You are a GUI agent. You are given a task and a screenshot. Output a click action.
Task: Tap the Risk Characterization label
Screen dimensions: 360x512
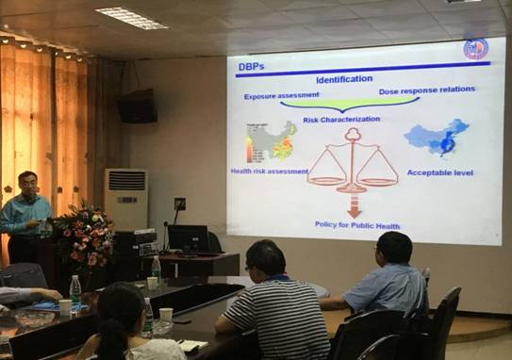coord(341,120)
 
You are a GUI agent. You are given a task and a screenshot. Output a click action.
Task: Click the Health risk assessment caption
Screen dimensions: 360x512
coord(270,172)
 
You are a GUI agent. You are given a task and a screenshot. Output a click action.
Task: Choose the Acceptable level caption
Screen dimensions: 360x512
coord(439,172)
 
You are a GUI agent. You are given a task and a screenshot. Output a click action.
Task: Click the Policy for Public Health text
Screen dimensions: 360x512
coord(357,224)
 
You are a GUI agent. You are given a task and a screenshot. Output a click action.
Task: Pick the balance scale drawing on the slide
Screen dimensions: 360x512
coord(353,160)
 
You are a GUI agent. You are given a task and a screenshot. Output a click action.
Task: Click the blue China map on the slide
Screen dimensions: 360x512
coord(438,138)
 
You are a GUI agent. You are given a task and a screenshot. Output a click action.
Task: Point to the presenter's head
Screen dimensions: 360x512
coord(28,183)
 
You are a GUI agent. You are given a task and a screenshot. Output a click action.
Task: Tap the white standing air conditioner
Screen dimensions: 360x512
coord(125,199)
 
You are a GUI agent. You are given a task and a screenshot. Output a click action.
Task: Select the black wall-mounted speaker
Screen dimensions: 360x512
coord(139,106)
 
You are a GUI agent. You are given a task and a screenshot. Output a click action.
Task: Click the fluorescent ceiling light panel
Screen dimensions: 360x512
coord(131,18)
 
